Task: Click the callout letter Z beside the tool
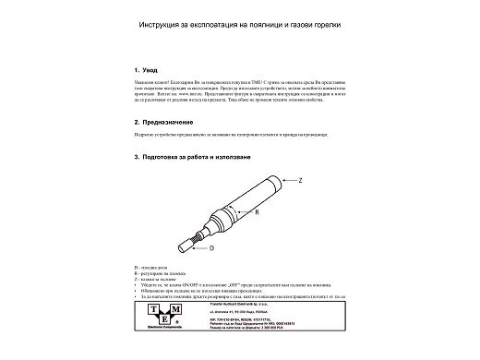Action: point(300,180)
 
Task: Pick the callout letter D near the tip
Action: point(211,248)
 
